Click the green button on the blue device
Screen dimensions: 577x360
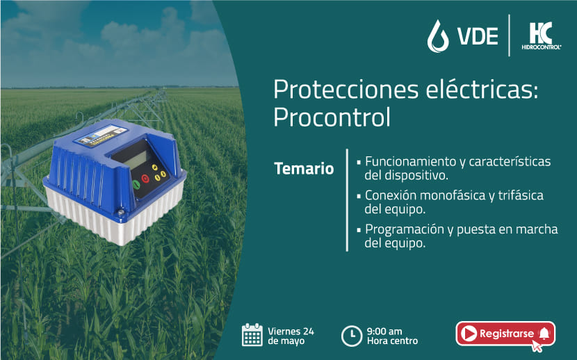coord(136,184)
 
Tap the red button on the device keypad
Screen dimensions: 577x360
coord(145,179)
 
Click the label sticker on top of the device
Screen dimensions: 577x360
coord(101,136)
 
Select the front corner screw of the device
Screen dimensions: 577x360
coord(121,212)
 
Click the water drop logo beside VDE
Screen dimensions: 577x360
coord(438,36)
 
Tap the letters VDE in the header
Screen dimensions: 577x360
coord(478,36)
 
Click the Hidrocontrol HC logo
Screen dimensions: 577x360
coord(541,35)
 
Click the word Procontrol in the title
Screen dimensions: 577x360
coord(332,117)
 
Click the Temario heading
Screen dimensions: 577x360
coord(304,169)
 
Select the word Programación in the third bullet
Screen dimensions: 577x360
coord(405,229)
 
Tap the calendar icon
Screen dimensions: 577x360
coord(252,335)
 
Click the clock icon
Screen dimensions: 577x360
coord(352,336)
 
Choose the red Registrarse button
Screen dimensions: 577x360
coord(505,334)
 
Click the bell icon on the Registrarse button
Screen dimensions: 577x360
coord(544,334)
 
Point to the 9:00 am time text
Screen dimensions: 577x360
coord(384,332)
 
